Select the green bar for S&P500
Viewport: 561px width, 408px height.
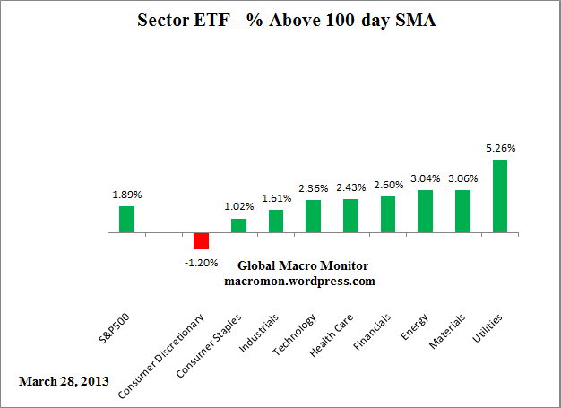pos(126,220)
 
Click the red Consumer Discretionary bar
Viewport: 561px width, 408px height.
pos(201,241)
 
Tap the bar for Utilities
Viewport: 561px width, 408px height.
pos(500,196)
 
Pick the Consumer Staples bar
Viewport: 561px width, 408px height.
pos(238,226)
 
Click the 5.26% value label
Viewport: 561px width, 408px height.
pos(500,148)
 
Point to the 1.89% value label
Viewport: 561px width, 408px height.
pos(126,194)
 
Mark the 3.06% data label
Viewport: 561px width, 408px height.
pos(462,178)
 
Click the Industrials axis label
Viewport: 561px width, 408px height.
pos(266,332)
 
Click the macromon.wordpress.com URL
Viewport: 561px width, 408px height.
pos(298,281)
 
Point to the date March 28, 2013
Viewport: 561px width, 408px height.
pos(64,381)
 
